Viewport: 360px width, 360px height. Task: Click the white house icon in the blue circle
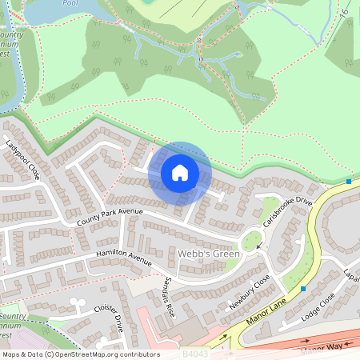point(180,172)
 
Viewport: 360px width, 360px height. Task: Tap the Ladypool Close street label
point(22,159)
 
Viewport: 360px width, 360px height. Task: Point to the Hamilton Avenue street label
point(123,258)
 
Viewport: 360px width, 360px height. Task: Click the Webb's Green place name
point(209,254)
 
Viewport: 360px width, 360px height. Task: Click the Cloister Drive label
point(110,318)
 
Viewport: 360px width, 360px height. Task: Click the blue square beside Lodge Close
point(303,288)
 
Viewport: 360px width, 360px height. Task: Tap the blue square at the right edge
point(349,182)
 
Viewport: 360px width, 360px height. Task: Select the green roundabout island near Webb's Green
point(250,239)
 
